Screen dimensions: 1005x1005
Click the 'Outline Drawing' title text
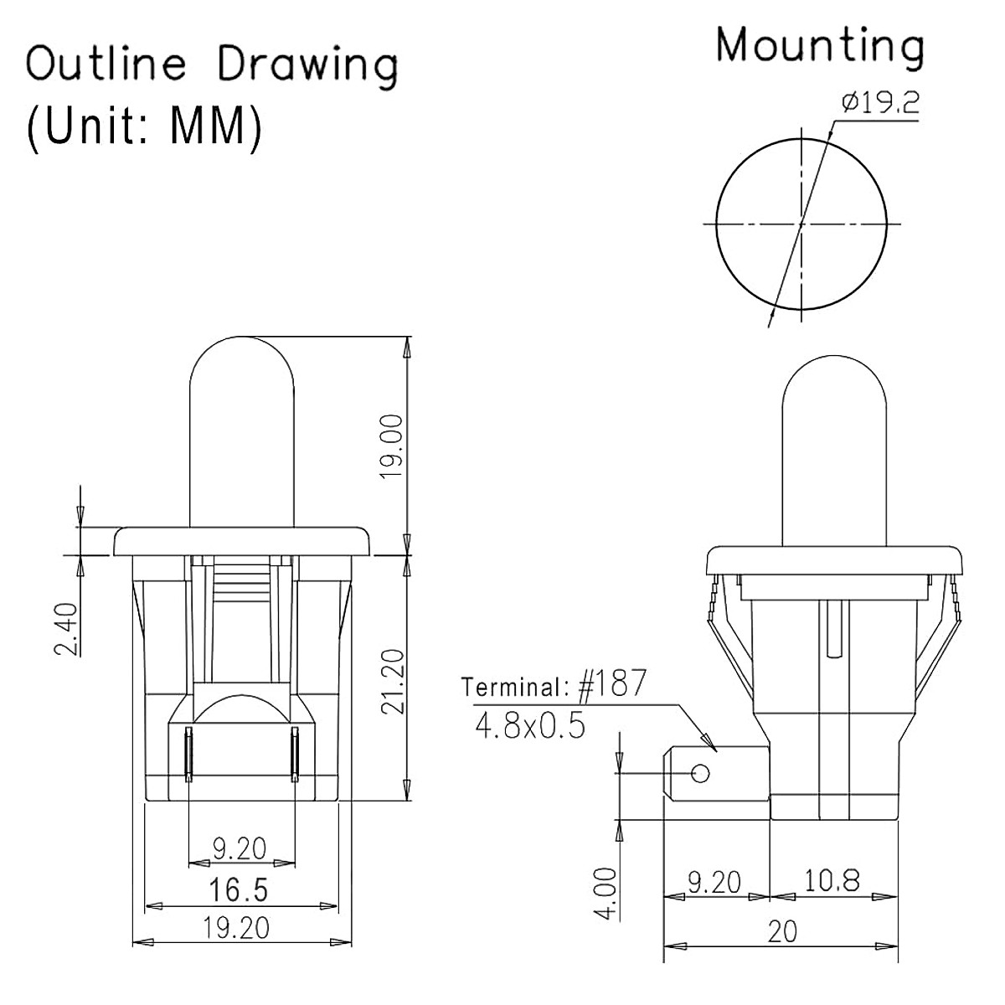coord(212,65)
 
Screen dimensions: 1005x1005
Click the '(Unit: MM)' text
coord(142,127)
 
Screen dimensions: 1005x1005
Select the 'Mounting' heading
coord(820,45)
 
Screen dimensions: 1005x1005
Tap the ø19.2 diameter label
coord(880,103)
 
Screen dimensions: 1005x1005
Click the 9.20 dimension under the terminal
coord(714,882)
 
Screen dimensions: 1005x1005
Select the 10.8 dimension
coord(832,881)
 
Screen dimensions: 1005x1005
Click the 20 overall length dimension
coord(781,931)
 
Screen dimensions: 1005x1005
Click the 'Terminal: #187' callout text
coord(554,686)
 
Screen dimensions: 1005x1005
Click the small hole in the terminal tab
coord(701,771)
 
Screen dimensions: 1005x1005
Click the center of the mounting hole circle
coord(801,224)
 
